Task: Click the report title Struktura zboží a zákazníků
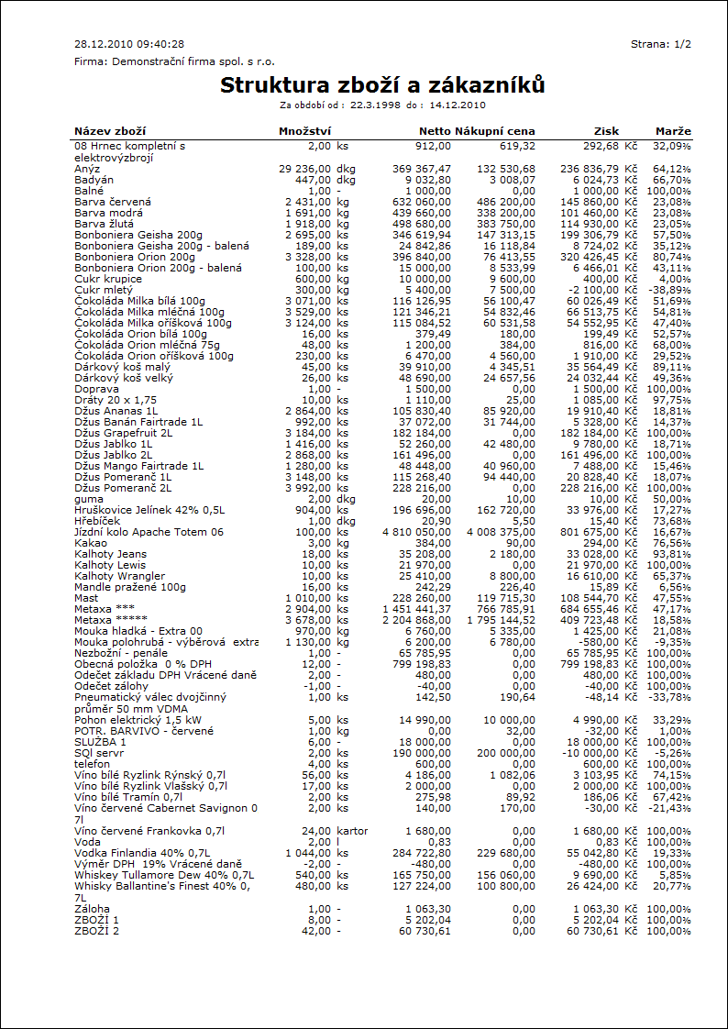pyautogui.click(x=382, y=86)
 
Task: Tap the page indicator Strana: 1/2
pyautogui.click(x=661, y=44)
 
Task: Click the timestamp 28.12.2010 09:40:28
pyautogui.click(x=129, y=44)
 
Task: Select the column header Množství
pyautogui.click(x=304, y=131)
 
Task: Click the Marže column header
pyautogui.click(x=673, y=131)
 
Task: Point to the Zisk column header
pyautogui.click(x=606, y=131)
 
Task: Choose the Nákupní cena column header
pyautogui.click(x=495, y=131)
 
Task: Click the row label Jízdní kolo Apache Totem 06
pyautogui.click(x=149, y=532)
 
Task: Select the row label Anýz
pyautogui.click(x=88, y=169)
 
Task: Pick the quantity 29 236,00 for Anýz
pyautogui.click(x=304, y=169)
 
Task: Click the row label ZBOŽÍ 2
pyautogui.click(x=97, y=931)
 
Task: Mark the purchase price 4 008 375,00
pyautogui.click(x=501, y=532)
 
